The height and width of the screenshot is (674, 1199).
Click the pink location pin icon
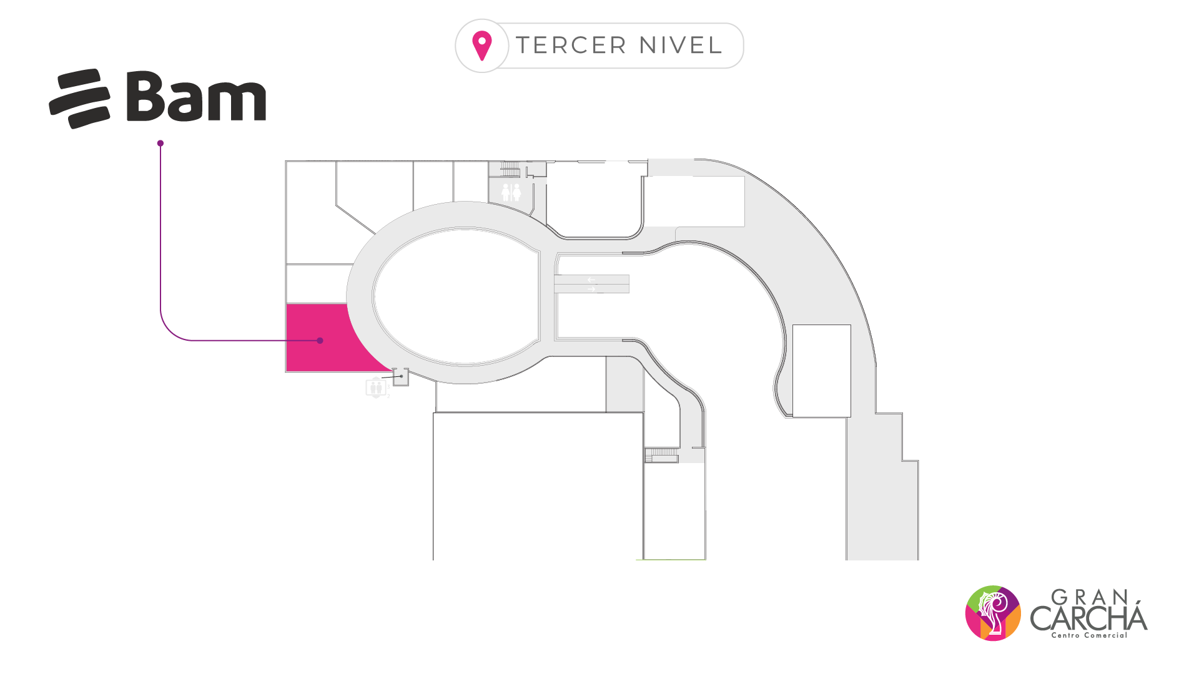(x=482, y=46)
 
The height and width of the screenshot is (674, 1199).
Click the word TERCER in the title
(x=571, y=46)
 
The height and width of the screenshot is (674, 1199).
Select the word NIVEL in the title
(x=681, y=46)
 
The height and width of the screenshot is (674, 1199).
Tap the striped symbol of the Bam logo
(x=80, y=99)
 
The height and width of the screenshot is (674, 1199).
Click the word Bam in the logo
(x=196, y=96)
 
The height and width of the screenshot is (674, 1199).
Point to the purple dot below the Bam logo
(x=160, y=144)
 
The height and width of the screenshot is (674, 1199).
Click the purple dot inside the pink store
(x=320, y=341)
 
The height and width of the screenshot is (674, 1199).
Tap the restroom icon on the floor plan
(x=511, y=192)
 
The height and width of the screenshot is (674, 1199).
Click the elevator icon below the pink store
(x=375, y=388)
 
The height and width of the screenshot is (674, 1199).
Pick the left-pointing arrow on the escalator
(x=591, y=280)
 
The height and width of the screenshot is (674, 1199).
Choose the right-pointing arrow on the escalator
(x=591, y=289)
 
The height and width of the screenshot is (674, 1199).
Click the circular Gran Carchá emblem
(x=993, y=613)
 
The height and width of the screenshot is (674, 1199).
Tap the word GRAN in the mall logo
(x=1089, y=597)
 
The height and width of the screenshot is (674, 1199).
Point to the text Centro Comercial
(x=1089, y=635)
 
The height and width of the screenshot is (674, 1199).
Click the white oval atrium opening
(x=456, y=296)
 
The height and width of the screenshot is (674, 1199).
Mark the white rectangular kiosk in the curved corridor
(x=821, y=371)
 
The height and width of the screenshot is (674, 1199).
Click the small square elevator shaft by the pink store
(x=401, y=377)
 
